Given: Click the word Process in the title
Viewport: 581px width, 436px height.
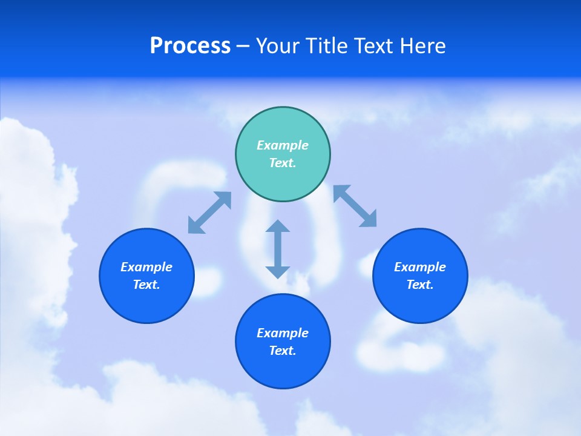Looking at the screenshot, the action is (190, 46).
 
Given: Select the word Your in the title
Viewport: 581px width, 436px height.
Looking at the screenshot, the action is (279, 46).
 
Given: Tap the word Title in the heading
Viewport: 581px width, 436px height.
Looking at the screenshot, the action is (327, 46).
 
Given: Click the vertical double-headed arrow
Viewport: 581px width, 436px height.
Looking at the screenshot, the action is (278, 249).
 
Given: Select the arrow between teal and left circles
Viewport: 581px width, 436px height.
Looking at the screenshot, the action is (209, 213).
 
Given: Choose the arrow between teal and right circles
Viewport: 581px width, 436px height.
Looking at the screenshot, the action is (355, 206).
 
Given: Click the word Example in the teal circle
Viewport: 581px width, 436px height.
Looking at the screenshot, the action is (283, 145).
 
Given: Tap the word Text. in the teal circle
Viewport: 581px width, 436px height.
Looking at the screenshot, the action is (283, 163).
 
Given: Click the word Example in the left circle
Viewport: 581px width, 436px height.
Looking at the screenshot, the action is (146, 267).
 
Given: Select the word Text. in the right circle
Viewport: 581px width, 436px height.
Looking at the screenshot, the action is (420, 285).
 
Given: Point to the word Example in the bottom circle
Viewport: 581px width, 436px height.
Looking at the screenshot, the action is (283, 333).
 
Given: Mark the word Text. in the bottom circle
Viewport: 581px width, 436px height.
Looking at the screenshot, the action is (283, 351).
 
